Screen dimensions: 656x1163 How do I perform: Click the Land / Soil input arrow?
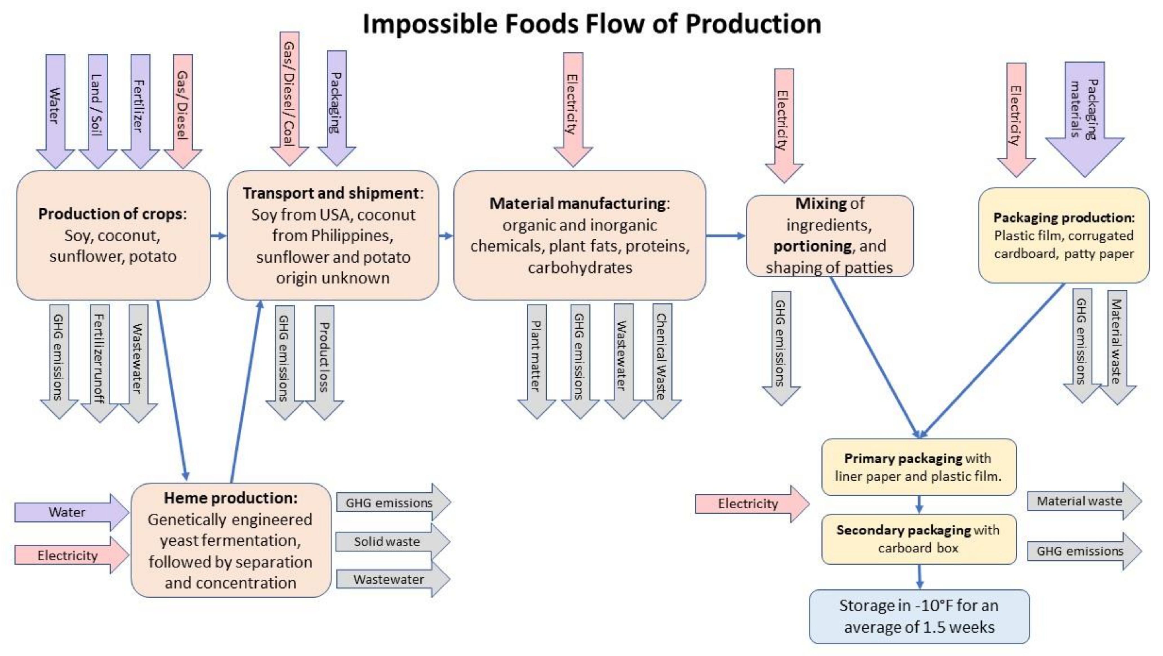[98, 108]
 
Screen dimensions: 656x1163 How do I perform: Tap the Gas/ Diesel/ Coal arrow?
[289, 95]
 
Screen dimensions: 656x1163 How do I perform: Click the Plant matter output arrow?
[536, 357]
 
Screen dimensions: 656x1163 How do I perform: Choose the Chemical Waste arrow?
[662, 357]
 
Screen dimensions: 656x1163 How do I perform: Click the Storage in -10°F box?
[919, 616]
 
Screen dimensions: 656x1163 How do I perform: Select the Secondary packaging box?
[918, 539]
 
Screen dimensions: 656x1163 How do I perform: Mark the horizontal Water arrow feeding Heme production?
[68, 512]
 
